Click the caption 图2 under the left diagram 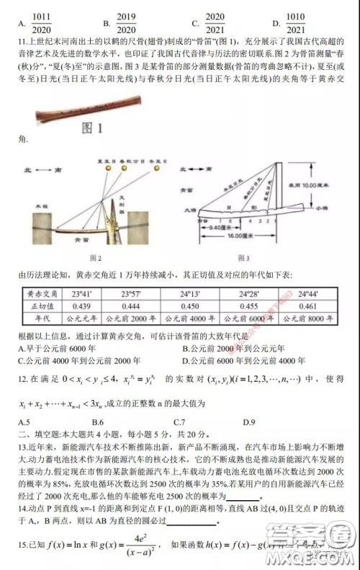[x=94, y=257]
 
